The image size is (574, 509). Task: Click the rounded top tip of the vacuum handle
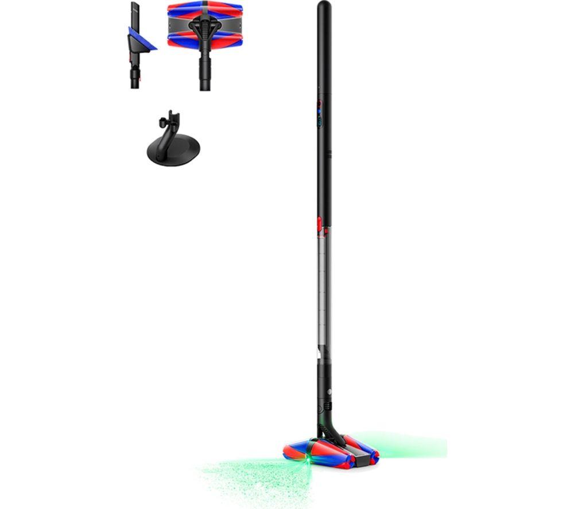(324, 7)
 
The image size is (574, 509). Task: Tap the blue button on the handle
(319, 111)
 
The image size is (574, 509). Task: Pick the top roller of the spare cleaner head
(205, 7)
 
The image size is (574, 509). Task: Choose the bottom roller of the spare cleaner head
(205, 40)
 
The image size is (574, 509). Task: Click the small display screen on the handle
(319, 121)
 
